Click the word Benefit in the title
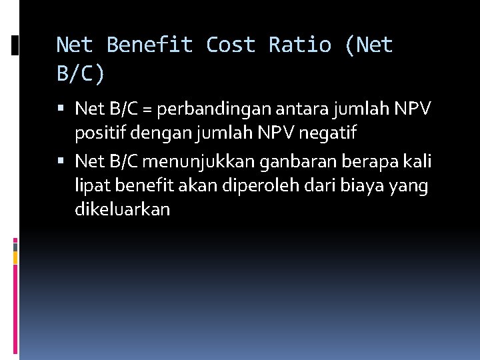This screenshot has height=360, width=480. click(x=150, y=45)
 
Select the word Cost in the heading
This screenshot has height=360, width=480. click(x=231, y=45)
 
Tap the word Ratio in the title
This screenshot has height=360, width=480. click(x=299, y=45)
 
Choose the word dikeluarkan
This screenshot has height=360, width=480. click(x=123, y=210)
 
